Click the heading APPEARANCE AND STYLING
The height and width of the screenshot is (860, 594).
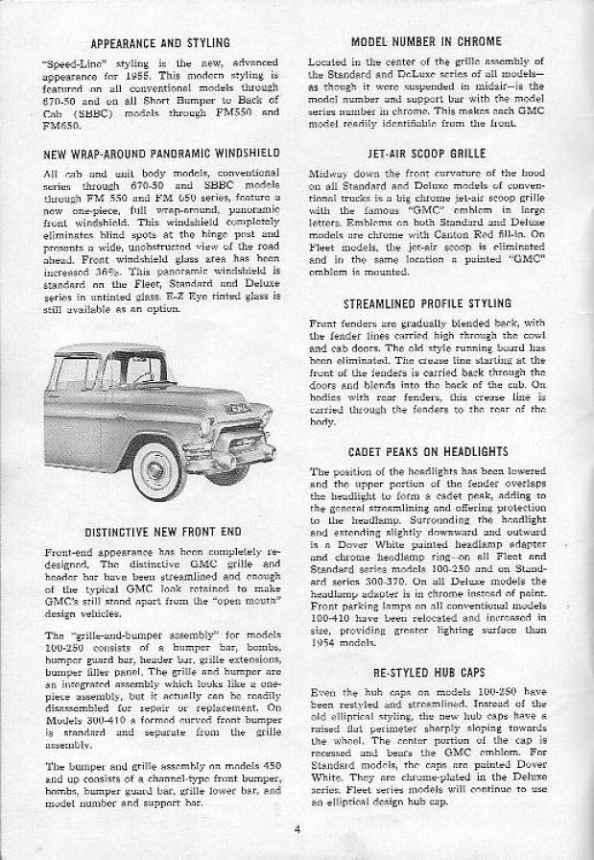tap(160, 43)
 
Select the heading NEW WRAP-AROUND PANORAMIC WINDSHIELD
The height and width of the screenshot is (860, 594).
tap(160, 153)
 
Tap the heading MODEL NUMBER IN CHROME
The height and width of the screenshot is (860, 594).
tap(427, 41)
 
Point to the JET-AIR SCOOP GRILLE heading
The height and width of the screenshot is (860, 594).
tap(428, 153)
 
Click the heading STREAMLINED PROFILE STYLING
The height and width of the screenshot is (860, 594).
tap(428, 303)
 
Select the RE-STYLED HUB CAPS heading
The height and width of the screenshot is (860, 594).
tap(428, 675)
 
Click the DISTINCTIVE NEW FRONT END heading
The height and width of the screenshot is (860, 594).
tap(160, 531)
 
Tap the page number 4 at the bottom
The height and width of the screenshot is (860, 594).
tap(299, 830)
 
